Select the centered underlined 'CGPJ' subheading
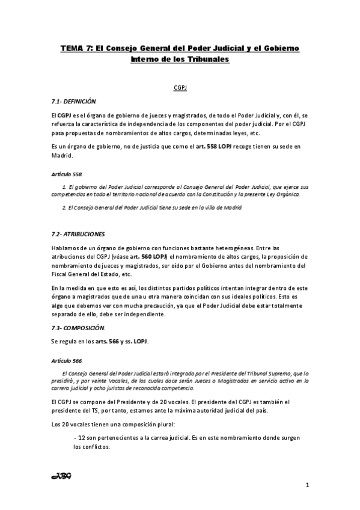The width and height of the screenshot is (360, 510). [180, 87]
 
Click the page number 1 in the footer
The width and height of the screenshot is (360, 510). [307, 485]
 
